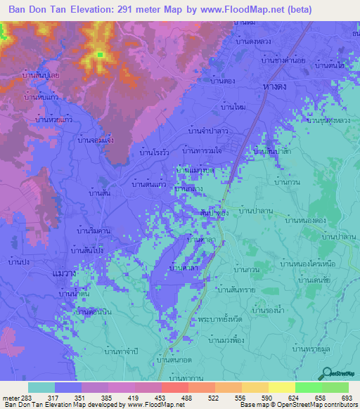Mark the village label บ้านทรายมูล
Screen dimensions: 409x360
coord(311,348)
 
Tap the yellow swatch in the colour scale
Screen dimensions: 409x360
coord(281,387)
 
